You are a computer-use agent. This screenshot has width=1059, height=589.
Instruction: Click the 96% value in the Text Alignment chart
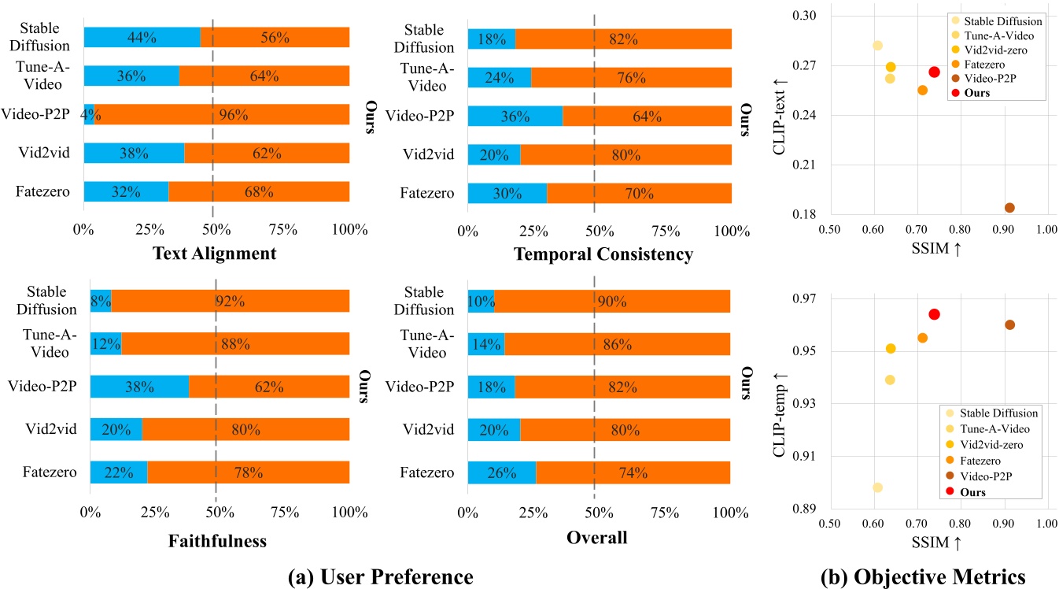pyautogui.click(x=234, y=114)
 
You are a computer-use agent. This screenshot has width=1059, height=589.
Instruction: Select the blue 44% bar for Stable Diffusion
pyautogui.click(x=142, y=37)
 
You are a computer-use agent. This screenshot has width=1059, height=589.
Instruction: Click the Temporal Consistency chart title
pyautogui.click(x=603, y=254)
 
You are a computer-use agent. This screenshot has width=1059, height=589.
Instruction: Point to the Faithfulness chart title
pyautogui.click(x=218, y=540)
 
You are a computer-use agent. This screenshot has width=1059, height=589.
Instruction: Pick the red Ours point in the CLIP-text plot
pyautogui.click(x=934, y=72)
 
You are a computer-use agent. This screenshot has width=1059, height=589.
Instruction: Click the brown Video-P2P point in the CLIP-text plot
pyautogui.click(x=1009, y=208)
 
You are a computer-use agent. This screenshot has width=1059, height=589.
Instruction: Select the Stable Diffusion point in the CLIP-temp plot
pyautogui.click(x=877, y=487)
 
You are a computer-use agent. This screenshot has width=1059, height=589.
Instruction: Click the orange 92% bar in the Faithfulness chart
pyautogui.click(x=230, y=300)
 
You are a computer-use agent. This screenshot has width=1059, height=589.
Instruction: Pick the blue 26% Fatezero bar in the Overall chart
pyautogui.click(x=501, y=472)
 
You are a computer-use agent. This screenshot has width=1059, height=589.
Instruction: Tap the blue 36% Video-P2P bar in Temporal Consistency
pyautogui.click(x=515, y=115)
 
